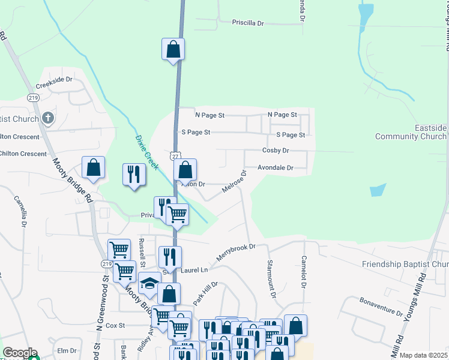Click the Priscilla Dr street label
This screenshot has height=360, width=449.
[248, 23]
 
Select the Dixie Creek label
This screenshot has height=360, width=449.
[146, 152]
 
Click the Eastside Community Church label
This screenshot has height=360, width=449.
[411, 133]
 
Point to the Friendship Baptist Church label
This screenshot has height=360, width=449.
[405, 265]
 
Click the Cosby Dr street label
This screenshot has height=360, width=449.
[276, 151]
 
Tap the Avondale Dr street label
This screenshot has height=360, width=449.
[276, 168]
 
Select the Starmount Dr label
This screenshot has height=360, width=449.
[271, 278]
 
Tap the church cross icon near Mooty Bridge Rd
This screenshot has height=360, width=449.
[49, 118]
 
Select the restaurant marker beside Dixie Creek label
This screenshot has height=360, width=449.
[133, 175]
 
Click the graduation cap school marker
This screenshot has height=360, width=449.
[149, 283]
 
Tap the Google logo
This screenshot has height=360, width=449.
[20, 353]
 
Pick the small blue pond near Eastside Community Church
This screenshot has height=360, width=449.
[377, 190]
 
